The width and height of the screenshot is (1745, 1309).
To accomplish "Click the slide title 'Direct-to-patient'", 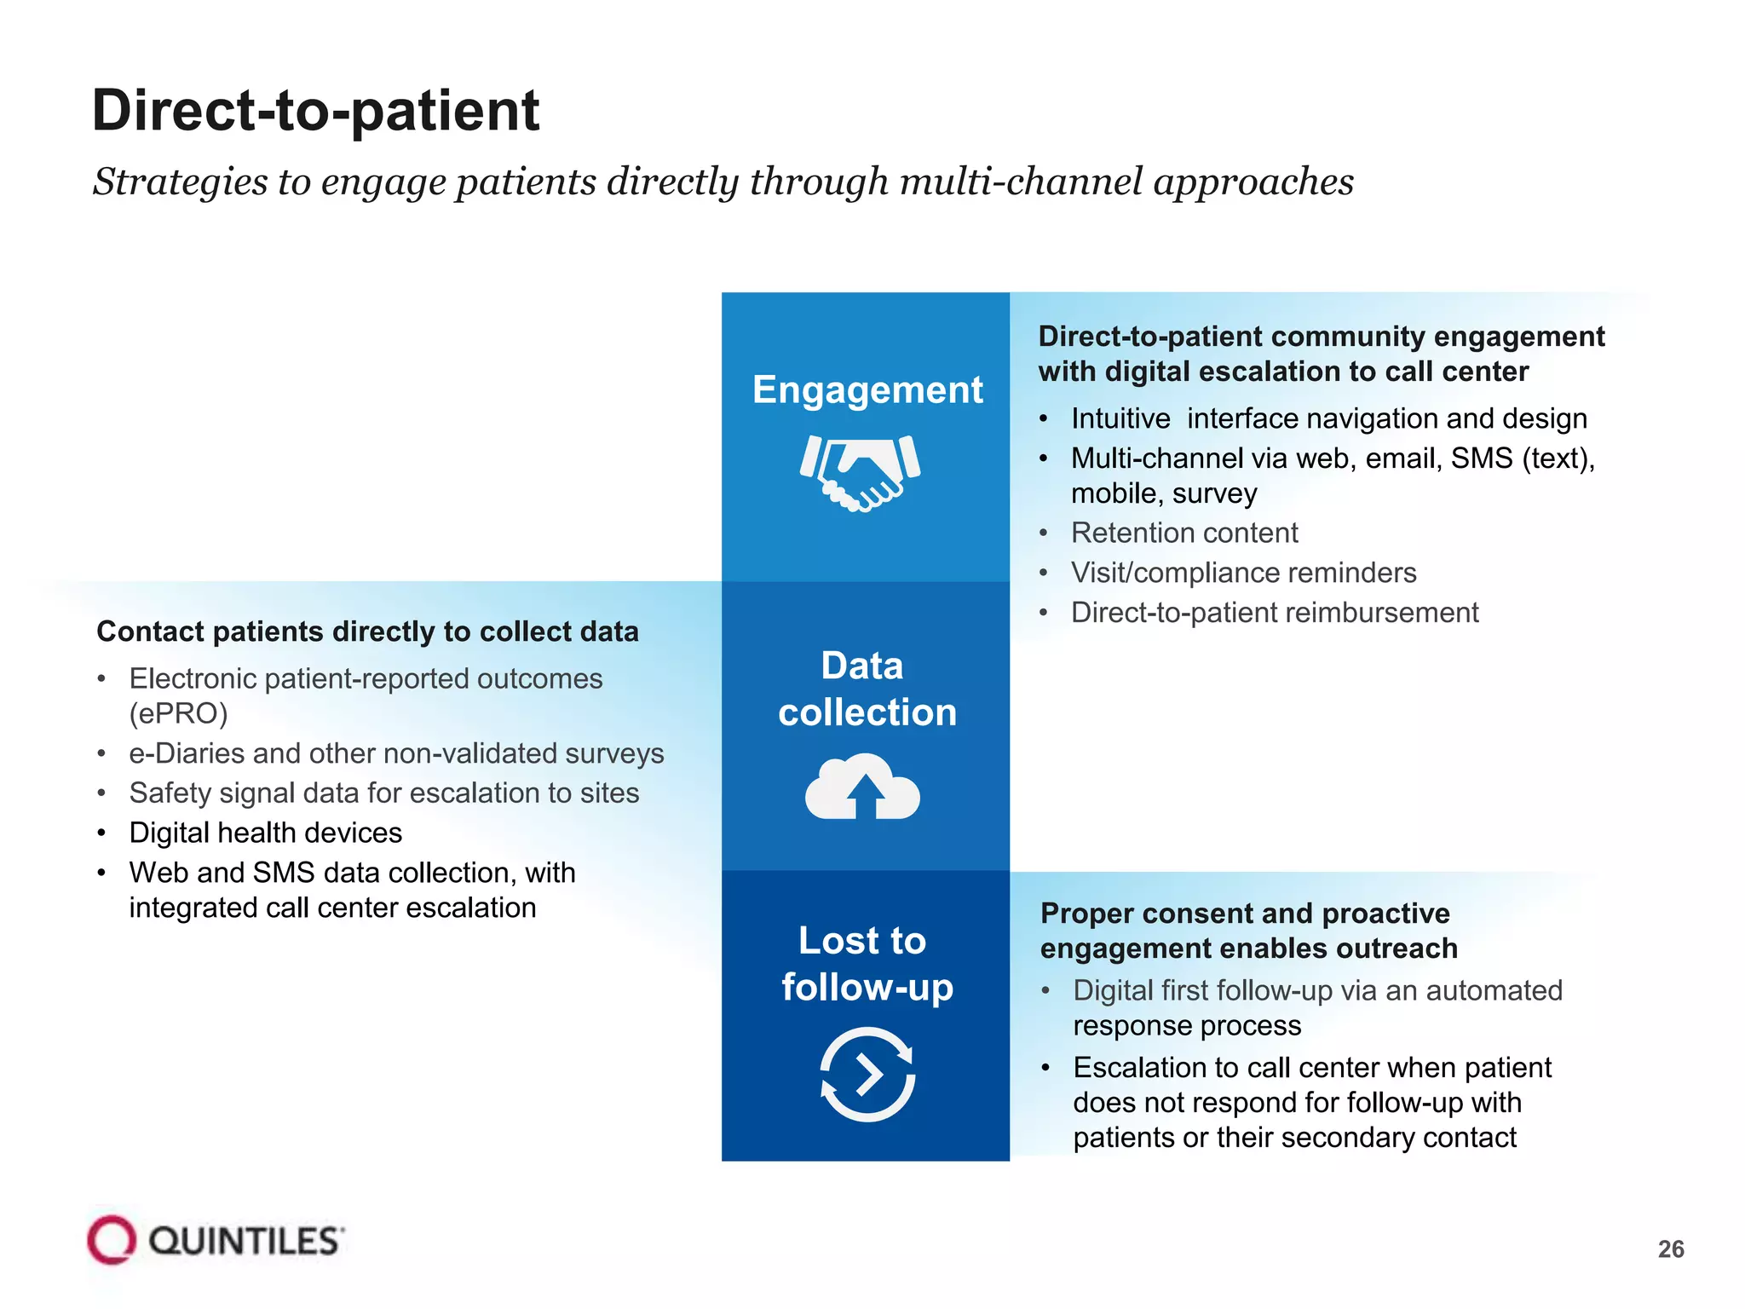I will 315,111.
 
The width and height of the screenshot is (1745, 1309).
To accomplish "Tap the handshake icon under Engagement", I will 861,471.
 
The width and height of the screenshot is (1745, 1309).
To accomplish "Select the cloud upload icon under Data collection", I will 862,786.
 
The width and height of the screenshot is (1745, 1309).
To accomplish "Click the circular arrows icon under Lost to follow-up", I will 867,1074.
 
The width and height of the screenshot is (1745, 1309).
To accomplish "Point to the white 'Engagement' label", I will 867,390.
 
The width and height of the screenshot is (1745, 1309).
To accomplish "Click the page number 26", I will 1671,1249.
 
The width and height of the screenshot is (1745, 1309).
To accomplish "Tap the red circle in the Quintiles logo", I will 111,1240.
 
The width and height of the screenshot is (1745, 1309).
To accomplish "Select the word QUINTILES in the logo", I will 246,1242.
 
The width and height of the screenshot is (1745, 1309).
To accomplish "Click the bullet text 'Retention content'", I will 1184,533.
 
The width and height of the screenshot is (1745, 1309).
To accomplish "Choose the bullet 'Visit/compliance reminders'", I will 1243,573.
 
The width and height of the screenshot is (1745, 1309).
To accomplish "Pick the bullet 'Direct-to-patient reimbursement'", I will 1275,613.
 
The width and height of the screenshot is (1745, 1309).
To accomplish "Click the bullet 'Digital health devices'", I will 265,833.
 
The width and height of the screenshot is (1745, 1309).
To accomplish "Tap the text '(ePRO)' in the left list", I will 178,713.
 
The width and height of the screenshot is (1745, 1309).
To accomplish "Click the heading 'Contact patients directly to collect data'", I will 367,631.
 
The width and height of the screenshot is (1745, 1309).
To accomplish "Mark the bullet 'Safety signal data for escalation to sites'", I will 383,793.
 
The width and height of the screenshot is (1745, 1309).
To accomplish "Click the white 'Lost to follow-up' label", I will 866,964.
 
